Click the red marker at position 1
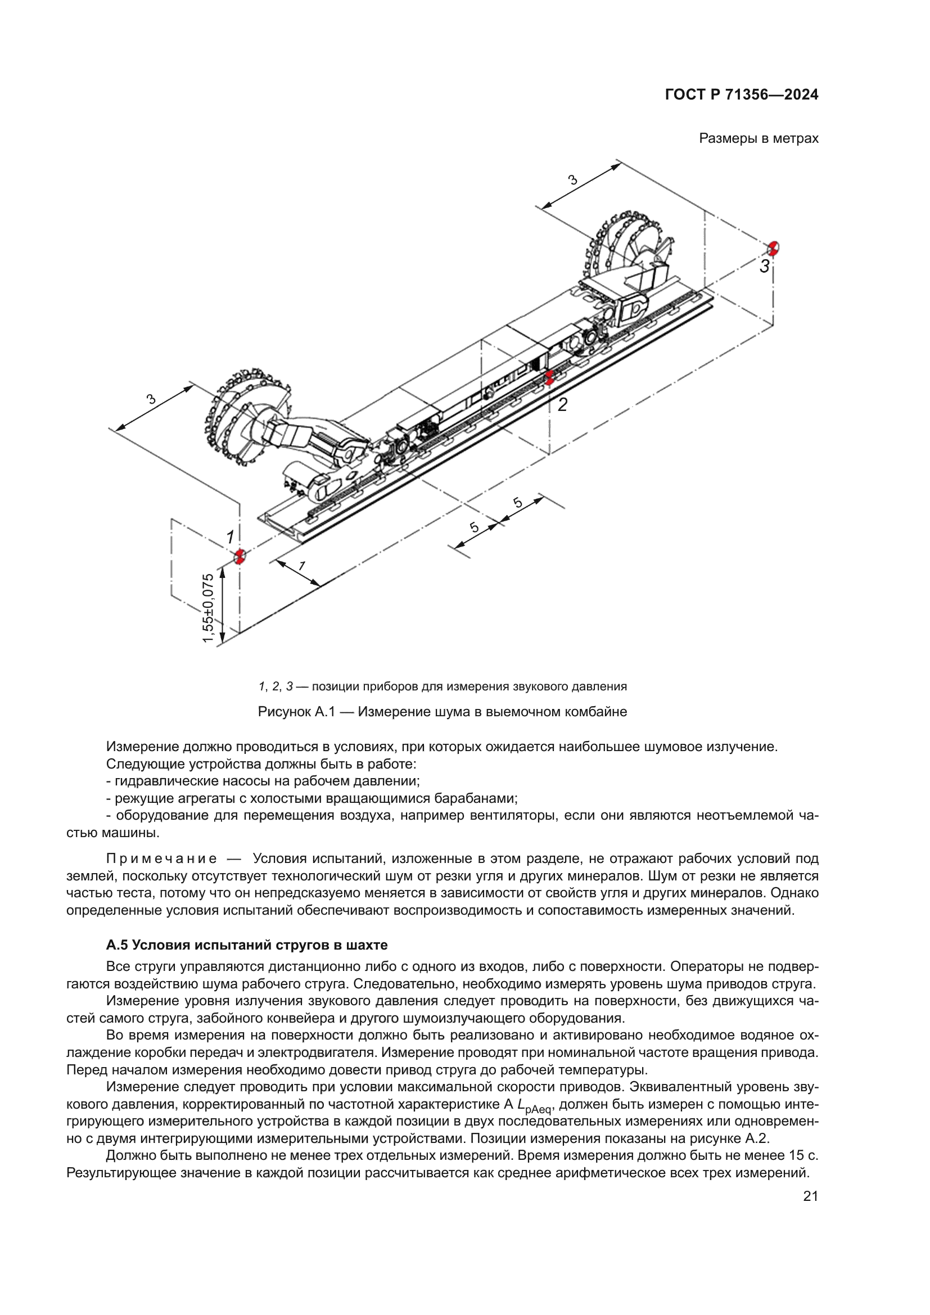(240, 556)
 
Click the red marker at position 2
(549, 377)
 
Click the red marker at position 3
(774, 248)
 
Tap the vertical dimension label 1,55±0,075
(209, 608)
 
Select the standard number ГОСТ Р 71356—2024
(742, 95)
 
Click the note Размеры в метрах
(758, 139)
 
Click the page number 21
(810, 1196)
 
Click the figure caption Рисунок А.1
(442, 712)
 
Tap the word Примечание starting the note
(161, 858)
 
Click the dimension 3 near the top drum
(572, 180)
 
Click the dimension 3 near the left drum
(151, 399)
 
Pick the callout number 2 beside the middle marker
(562, 405)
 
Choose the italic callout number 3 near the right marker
(764, 266)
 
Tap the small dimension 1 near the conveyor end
(302, 566)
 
